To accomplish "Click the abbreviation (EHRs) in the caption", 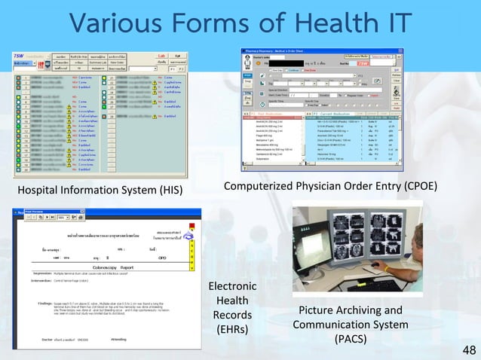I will click(232, 328).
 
